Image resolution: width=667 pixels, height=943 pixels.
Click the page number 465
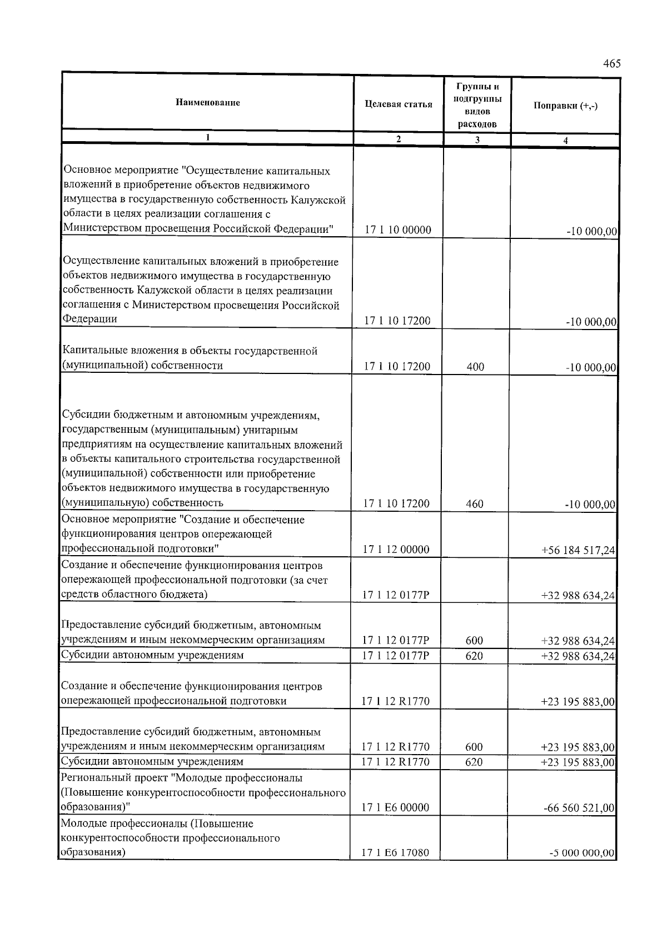[611, 64]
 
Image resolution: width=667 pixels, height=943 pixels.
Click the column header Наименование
[208, 102]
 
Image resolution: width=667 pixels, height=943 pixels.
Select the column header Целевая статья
[399, 104]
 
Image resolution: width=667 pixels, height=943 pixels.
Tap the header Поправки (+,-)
[565, 106]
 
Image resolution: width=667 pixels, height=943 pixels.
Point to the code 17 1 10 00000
[398, 230]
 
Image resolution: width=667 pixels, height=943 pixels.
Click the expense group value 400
[475, 367]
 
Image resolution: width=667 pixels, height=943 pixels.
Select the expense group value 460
[474, 504]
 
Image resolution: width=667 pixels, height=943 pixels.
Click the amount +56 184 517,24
[578, 550]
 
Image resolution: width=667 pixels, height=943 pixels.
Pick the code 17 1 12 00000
[396, 550]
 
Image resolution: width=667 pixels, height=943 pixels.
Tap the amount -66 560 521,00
[579, 808]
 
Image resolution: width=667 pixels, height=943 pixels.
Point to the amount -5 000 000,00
[581, 854]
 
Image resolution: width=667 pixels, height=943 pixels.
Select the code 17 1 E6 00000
[395, 807]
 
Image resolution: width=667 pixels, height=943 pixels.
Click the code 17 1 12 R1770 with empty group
[395, 701]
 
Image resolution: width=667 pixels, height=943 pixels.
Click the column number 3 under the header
[477, 140]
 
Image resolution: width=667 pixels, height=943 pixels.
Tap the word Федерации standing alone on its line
[89, 319]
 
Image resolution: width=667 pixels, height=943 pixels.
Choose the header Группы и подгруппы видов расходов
[477, 105]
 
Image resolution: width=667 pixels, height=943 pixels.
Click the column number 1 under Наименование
[208, 137]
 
